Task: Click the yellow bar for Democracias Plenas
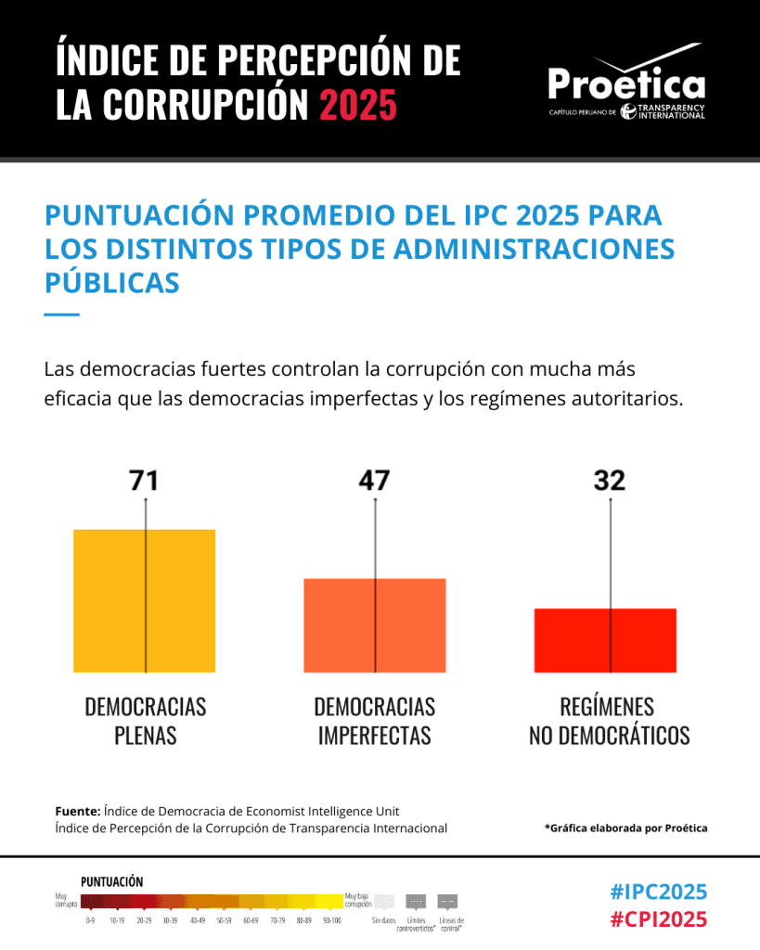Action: [x=144, y=600]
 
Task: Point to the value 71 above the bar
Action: [x=144, y=481]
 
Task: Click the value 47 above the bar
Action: [x=375, y=481]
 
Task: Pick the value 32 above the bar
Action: [x=610, y=481]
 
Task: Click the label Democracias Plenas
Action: [x=146, y=721]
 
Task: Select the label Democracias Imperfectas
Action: [x=375, y=721]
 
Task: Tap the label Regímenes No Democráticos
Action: [x=610, y=721]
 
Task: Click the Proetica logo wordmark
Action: [x=626, y=84]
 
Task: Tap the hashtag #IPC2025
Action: [x=659, y=892]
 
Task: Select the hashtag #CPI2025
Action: [x=659, y=919]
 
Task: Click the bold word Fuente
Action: [x=77, y=811]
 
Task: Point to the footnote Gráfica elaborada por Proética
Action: [x=625, y=828]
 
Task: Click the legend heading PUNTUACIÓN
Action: [x=111, y=881]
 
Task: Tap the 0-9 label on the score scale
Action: [x=90, y=921]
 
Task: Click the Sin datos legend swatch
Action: [x=383, y=901]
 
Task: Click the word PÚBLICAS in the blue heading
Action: [x=112, y=282]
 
